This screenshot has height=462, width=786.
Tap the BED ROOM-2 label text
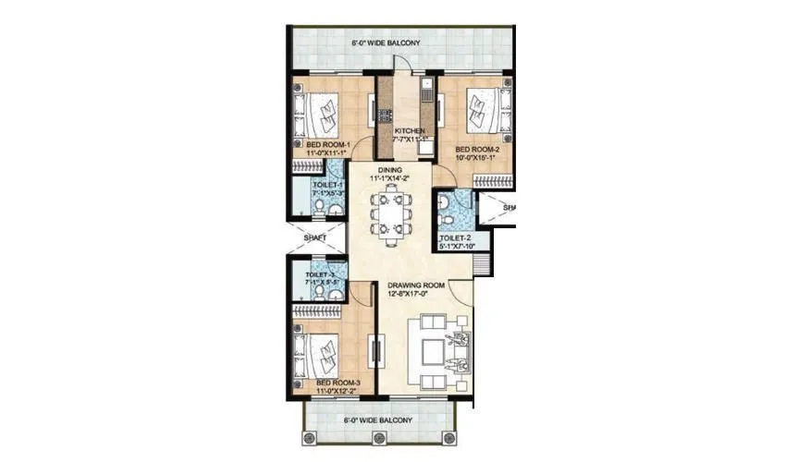tap(476, 148)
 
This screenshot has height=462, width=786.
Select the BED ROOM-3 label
tap(337, 382)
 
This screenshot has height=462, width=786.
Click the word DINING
tap(387, 168)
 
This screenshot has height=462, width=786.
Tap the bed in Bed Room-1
tap(321, 115)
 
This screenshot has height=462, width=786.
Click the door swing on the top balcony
tap(404, 59)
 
